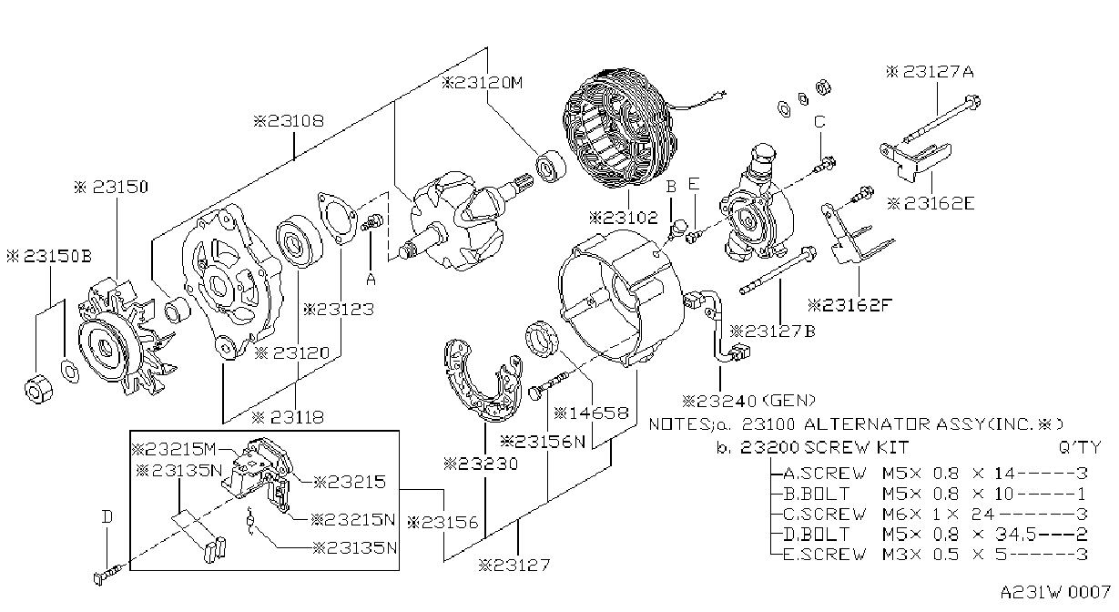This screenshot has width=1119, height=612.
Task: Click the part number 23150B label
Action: (49, 256)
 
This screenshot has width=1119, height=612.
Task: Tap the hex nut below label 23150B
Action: (38, 388)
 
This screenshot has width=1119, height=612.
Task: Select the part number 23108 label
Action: (289, 121)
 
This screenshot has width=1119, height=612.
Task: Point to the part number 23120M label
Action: (482, 83)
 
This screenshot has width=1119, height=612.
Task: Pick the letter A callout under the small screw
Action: (371, 280)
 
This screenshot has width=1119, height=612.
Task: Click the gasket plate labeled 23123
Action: (338, 219)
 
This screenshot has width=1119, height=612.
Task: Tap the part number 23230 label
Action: (481, 464)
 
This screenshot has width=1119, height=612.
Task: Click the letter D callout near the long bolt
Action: (107, 517)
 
